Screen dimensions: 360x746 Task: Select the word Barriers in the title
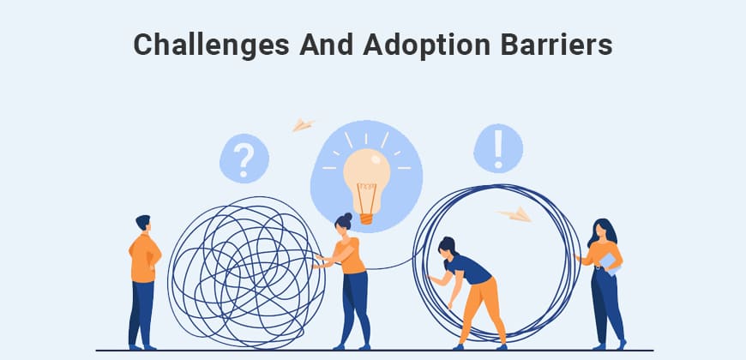point(561,45)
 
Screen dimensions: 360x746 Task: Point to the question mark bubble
point(244,159)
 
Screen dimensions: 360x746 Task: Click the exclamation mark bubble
point(498,148)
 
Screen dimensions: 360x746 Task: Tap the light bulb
point(366,171)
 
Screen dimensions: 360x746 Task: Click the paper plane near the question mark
point(303,125)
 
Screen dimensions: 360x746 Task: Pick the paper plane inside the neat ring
point(515,214)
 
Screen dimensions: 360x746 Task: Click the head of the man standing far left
point(143,225)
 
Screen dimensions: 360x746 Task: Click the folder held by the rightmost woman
point(610,261)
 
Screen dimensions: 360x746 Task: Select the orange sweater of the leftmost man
point(144,257)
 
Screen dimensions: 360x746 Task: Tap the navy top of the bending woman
point(468,269)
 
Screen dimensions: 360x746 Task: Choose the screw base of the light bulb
point(366,218)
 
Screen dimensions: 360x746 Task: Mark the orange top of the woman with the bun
point(351,255)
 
